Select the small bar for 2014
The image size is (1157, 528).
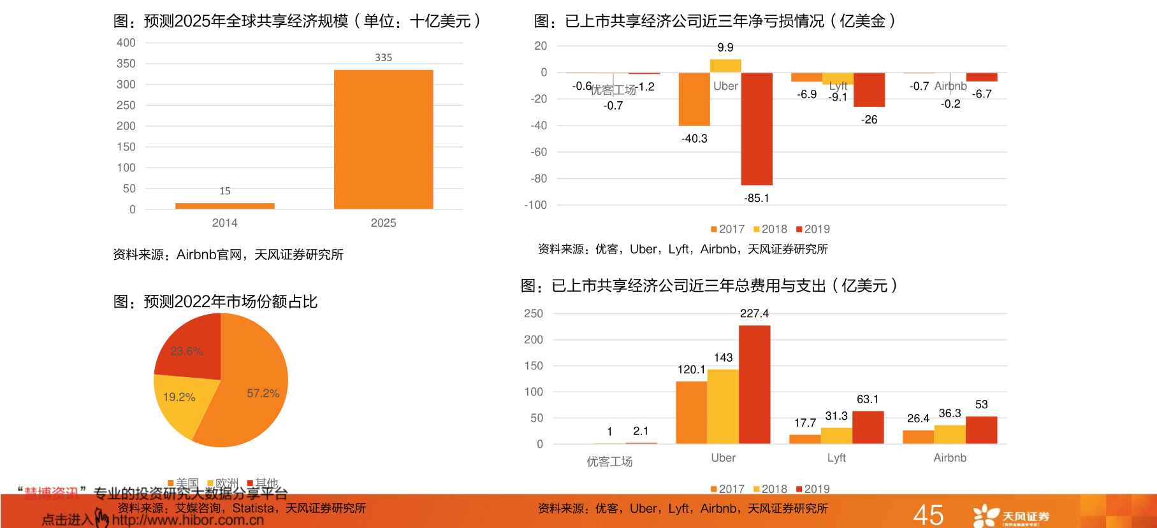point(224,206)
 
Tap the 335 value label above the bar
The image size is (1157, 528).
point(383,57)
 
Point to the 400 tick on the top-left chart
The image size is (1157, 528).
point(126,43)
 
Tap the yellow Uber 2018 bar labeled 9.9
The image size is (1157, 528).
point(725,66)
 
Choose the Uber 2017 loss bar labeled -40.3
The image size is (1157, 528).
point(694,99)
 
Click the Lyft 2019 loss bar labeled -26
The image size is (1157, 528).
point(869,89)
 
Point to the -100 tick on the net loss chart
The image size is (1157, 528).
point(535,205)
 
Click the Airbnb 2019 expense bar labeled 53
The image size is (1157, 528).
point(981,430)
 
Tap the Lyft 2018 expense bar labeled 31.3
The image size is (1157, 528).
point(836,436)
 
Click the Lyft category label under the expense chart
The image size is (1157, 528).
point(836,458)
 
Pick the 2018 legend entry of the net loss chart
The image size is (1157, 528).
point(770,229)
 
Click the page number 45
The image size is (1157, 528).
point(928,515)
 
